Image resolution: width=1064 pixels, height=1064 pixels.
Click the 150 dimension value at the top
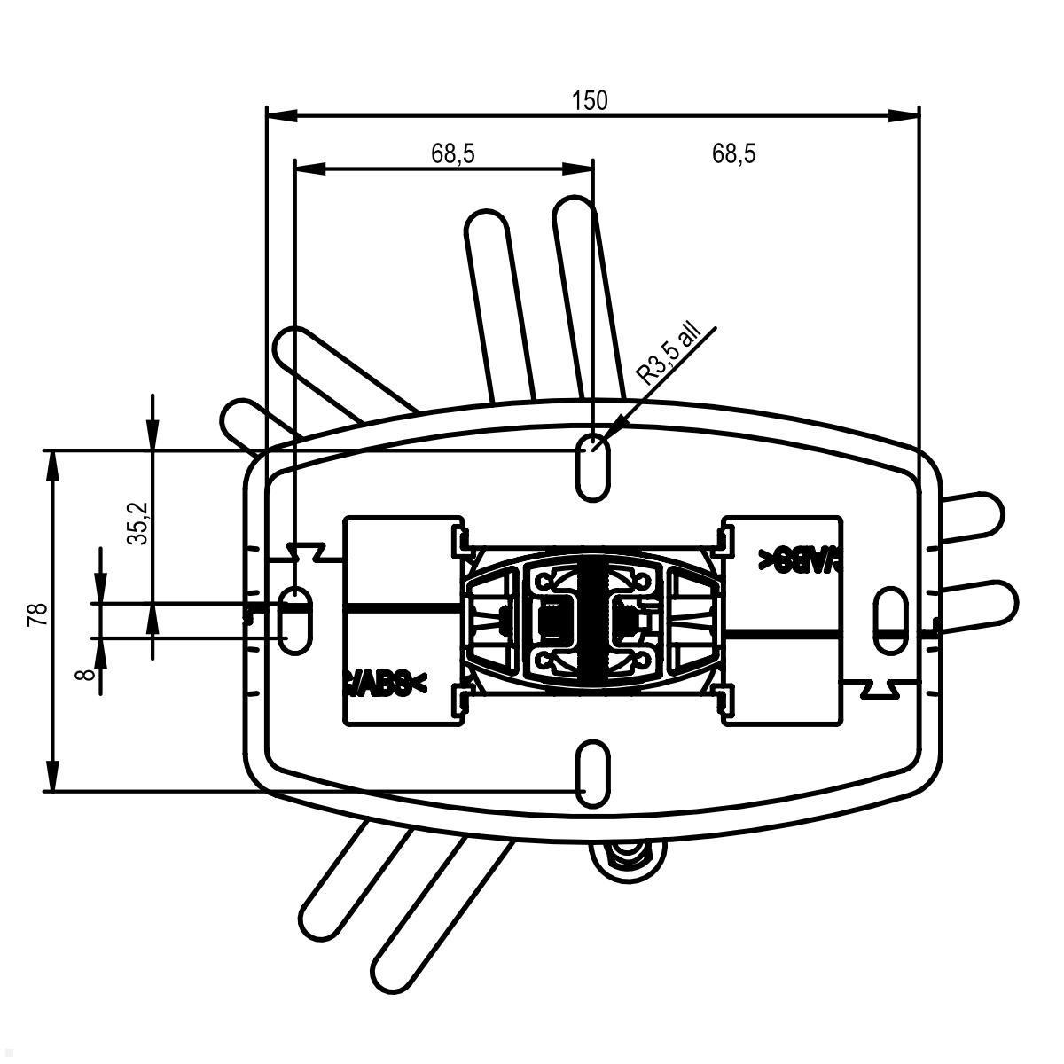pos(590,100)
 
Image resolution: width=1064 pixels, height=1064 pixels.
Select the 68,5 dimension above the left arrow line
pos(453,153)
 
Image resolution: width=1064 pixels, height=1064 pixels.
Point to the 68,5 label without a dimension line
pos(733,153)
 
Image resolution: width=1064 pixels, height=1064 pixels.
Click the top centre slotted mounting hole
pos(593,465)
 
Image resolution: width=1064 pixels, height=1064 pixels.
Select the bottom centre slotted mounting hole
pos(593,775)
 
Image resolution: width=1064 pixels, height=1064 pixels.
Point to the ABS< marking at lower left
pos(384,683)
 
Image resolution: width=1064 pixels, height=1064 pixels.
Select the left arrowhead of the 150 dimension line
pos(278,114)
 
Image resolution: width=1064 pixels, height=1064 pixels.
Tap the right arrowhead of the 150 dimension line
pos(906,114)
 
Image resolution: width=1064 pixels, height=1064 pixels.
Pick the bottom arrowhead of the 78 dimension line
pos(54,779)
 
